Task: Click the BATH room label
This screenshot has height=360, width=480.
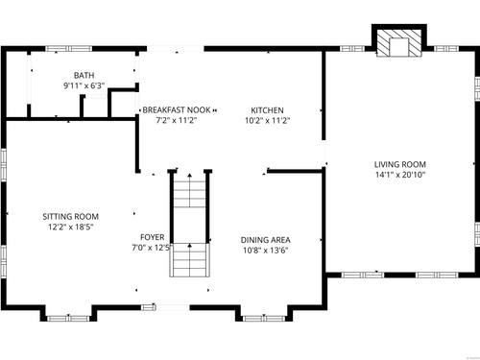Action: pos(84,75)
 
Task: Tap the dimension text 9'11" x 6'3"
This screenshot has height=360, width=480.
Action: pos(84,85)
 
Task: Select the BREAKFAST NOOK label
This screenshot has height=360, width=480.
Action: pos(177,110)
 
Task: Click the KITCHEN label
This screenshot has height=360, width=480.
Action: pos(267,110)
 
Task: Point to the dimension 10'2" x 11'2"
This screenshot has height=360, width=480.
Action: pos(267,121)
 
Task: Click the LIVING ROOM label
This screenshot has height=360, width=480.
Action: pos(400,164)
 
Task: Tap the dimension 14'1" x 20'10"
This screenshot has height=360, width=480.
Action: pos(400,175)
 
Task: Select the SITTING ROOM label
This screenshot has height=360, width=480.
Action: pos(71,217)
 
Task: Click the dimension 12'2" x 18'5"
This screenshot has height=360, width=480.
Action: pos(71,228)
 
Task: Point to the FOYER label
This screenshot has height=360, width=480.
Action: pos(153,237)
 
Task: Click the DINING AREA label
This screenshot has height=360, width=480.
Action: pos(266,240)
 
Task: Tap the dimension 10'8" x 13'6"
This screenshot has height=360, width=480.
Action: pos(266,251)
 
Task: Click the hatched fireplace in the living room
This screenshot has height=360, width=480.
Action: pos(399,43)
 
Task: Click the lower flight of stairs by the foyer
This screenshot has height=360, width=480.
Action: pos(190,260)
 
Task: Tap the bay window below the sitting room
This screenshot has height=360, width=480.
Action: pos(68,319)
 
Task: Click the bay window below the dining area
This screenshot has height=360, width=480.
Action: pos(264,319)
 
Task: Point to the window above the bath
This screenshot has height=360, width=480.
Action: pos(69,49)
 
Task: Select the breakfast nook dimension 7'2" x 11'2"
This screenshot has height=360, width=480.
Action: pos(177,121)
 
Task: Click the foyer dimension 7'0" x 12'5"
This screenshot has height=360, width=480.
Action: pos(153,248)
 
